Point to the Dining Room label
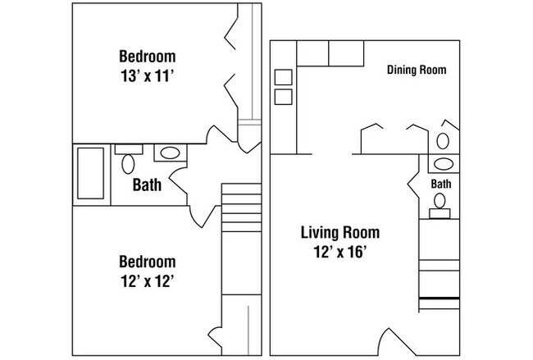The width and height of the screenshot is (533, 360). point(417,70)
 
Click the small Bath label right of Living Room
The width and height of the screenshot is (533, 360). point(441,184)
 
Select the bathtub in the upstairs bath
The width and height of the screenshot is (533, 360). point(90,175)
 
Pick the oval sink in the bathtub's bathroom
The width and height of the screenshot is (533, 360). point(170,153)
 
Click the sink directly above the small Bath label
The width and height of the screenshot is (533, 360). point(443,162)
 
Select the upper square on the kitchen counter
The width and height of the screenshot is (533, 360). point(283,77)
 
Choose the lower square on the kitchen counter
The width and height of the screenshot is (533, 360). point(283,97)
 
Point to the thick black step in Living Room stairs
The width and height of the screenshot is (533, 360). point(439,296)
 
